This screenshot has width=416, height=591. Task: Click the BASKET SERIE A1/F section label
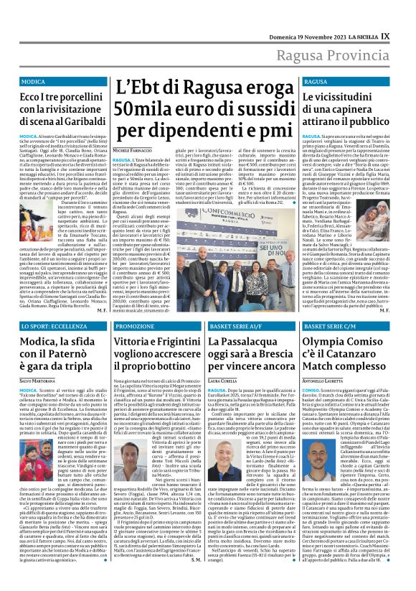(236, 326)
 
